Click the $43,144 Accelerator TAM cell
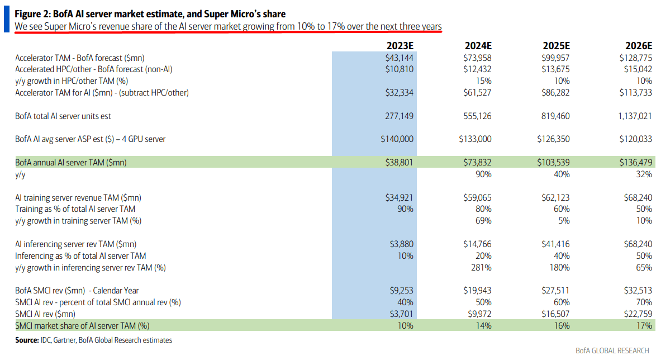pyautogui.click(x=400, y=58)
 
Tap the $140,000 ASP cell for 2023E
pyautogui.click(x=398, y=139)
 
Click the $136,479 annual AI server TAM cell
pyautogui.click(x=635, y=162)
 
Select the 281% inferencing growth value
pyautogui.click(x=482, y=267)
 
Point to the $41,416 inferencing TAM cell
pyautogui.click(x=555, y=244)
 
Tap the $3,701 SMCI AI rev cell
pyautogui.click(x=401, y=314)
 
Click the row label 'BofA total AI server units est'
pyautogui.click(x=66, y=116)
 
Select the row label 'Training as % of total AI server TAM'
pyautogui.click(x=75, y=209)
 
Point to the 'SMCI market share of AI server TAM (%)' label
pyautogui.click(x=82, y=325)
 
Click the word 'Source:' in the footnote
pyautogui.click(x=26, y=340)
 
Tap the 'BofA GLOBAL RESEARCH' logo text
pyautogui.click(x=612, y=350)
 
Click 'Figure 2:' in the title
pyautogui.click(x=34, y=14)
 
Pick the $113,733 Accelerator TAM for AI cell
pyautogui.click(x=634, y=92)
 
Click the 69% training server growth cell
pyautogui.click(x=483, y=220)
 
